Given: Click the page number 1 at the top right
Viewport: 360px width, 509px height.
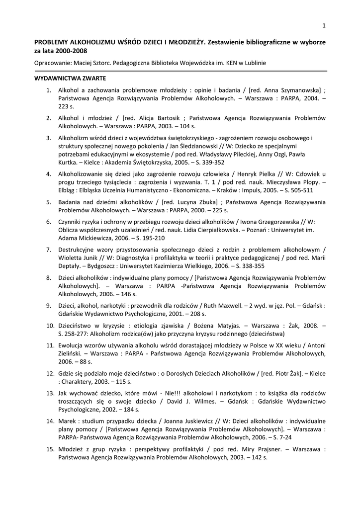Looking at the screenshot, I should (x=324, y=26).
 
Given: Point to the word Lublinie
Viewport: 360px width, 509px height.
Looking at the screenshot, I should (x=254, y=63).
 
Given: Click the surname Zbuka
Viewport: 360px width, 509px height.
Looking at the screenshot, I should (x=205, y=202).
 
